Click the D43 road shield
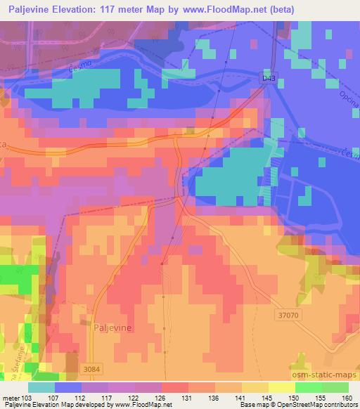(268, 79)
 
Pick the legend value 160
(347, 397)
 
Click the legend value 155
(321, 397)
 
